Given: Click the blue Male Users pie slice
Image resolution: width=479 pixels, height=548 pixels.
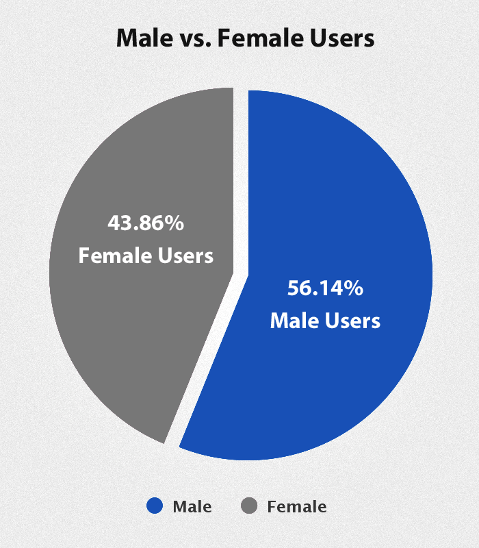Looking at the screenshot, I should [342, 206].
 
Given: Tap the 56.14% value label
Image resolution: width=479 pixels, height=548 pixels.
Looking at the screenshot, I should [325, 288].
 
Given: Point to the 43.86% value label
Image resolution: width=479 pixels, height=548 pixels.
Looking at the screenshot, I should [146, 223].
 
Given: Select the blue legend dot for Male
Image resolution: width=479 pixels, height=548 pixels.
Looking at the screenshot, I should [155, 506].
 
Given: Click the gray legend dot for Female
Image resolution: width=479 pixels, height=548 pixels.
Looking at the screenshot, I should [250, 506].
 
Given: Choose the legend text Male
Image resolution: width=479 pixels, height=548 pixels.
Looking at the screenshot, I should [192, 507].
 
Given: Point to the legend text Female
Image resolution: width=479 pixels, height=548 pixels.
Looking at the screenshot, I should [296, 507].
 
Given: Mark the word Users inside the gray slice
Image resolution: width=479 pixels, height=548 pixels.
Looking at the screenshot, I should [183, 256].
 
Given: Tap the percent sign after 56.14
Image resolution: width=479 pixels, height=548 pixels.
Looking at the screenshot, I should [353, 288].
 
